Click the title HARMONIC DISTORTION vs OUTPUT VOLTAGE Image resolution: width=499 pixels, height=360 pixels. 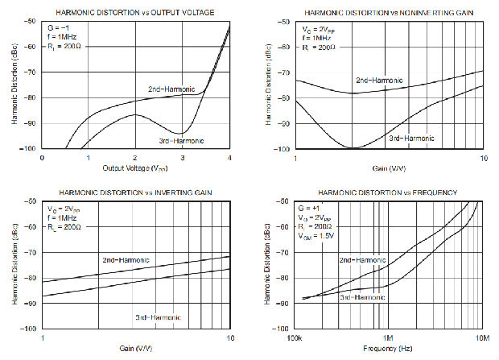pos(134,13)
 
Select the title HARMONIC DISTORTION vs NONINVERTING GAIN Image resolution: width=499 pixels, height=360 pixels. pos(390,13)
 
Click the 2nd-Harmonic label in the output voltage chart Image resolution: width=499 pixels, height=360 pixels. pos(171,88)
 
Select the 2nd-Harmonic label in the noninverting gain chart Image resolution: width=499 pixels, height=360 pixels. pos(380,81)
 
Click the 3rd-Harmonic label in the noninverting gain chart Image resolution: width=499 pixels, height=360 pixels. pos(412,138)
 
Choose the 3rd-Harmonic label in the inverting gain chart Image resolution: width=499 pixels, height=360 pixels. pos(159,317)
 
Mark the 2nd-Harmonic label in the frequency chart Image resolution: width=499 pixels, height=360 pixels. pos(361,260)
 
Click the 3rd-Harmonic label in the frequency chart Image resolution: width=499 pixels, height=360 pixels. pos(361,297)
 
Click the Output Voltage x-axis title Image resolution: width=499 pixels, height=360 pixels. pos(136,168)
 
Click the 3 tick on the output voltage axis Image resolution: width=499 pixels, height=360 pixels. pos(184,157)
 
